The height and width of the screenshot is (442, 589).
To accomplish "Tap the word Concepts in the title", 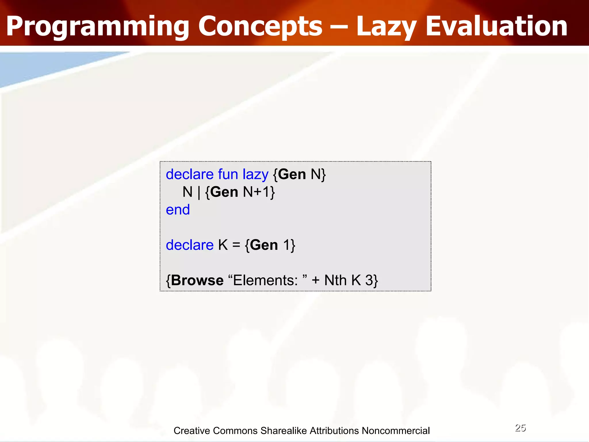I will pos(260,26).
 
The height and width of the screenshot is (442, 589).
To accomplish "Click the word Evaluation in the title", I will pos(496,26).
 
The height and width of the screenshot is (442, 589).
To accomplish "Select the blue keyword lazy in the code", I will pos(255,174).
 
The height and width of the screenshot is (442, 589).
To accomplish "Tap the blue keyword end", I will pos(178,210).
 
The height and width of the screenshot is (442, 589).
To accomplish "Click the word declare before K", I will pos(190,245).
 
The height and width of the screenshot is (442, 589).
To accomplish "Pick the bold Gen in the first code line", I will pos(292,174).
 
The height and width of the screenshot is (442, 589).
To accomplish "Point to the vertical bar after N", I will pos(199,192).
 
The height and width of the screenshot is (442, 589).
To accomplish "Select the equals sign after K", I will pos(236,245).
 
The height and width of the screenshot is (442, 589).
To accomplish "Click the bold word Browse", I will pos(197,280).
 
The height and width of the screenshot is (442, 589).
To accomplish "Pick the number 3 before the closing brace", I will pos(369,280).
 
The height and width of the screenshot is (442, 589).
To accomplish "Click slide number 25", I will pos(520,428).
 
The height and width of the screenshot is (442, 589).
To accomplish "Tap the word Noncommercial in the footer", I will pos(396,431).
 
